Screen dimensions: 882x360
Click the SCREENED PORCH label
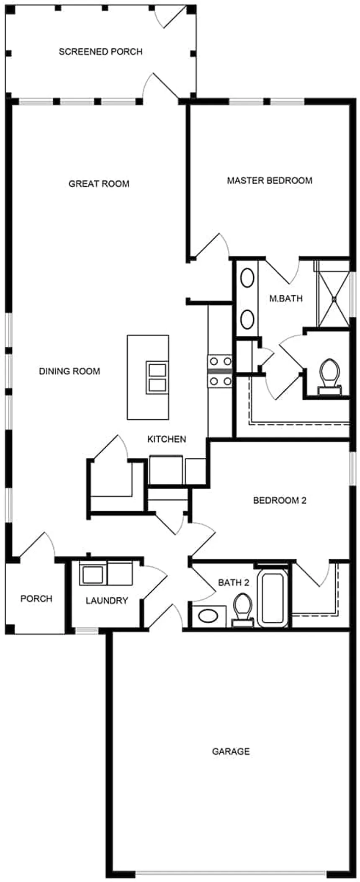pos(100,52)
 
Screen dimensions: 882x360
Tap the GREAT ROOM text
pos(99,183)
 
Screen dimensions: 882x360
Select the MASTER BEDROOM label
pos(269,181)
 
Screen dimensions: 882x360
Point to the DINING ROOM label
pos(69,371)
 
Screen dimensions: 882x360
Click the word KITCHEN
pos(167,439)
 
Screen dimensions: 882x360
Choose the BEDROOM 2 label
pos(280,500)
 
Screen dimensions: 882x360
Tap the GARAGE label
pos(231,751)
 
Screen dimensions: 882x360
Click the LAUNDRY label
pos(106,601)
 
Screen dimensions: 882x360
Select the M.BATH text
pos(285,299)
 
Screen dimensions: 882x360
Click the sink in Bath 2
pos(208,616)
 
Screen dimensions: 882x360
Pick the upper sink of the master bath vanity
pos(247,279)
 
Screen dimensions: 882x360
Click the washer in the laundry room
pos(93,574)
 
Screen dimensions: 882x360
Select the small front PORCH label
pos(36,598)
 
